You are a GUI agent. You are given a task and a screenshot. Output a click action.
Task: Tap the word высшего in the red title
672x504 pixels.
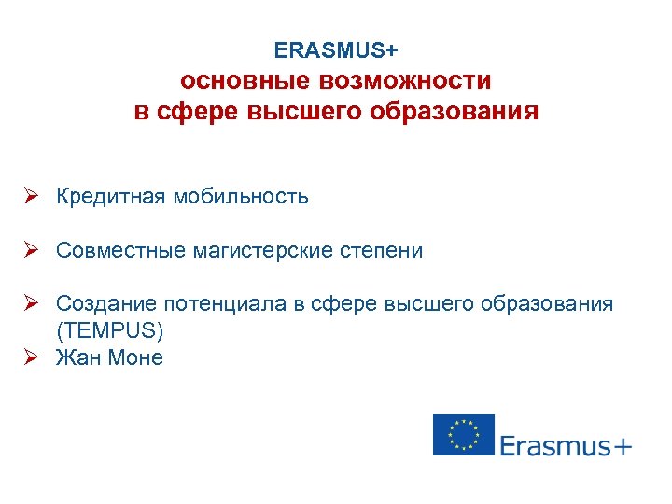point(299,112)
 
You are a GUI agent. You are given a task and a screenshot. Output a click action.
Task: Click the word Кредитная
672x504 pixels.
point(110,197)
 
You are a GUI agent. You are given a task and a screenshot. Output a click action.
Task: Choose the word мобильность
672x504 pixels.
point(240,197)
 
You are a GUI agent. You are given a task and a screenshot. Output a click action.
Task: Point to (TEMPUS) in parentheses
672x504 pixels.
point(109,331)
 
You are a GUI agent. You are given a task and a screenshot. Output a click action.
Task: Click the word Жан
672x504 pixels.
point(77,357)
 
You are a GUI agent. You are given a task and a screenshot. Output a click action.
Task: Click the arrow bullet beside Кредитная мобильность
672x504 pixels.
point(31,197)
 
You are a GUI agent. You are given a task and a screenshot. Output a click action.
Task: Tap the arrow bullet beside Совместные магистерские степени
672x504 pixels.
point(31,251)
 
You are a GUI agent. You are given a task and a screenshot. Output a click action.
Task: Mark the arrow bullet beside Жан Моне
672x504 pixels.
point(31,357)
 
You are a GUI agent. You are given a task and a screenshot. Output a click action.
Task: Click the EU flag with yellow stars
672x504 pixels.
point(463,435)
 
